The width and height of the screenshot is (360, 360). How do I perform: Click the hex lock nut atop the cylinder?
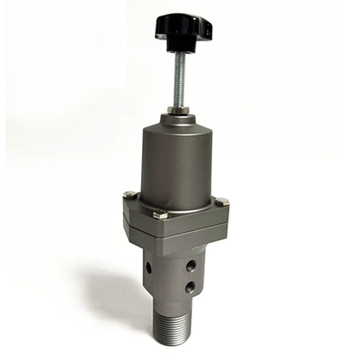pos(177,110)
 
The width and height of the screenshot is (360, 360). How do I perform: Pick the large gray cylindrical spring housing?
pos(177,164)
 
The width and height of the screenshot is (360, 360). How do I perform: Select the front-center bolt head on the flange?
pos(160,215)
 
